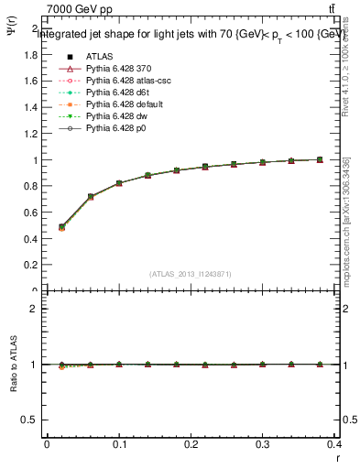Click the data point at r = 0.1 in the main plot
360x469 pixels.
tap(119, 183)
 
